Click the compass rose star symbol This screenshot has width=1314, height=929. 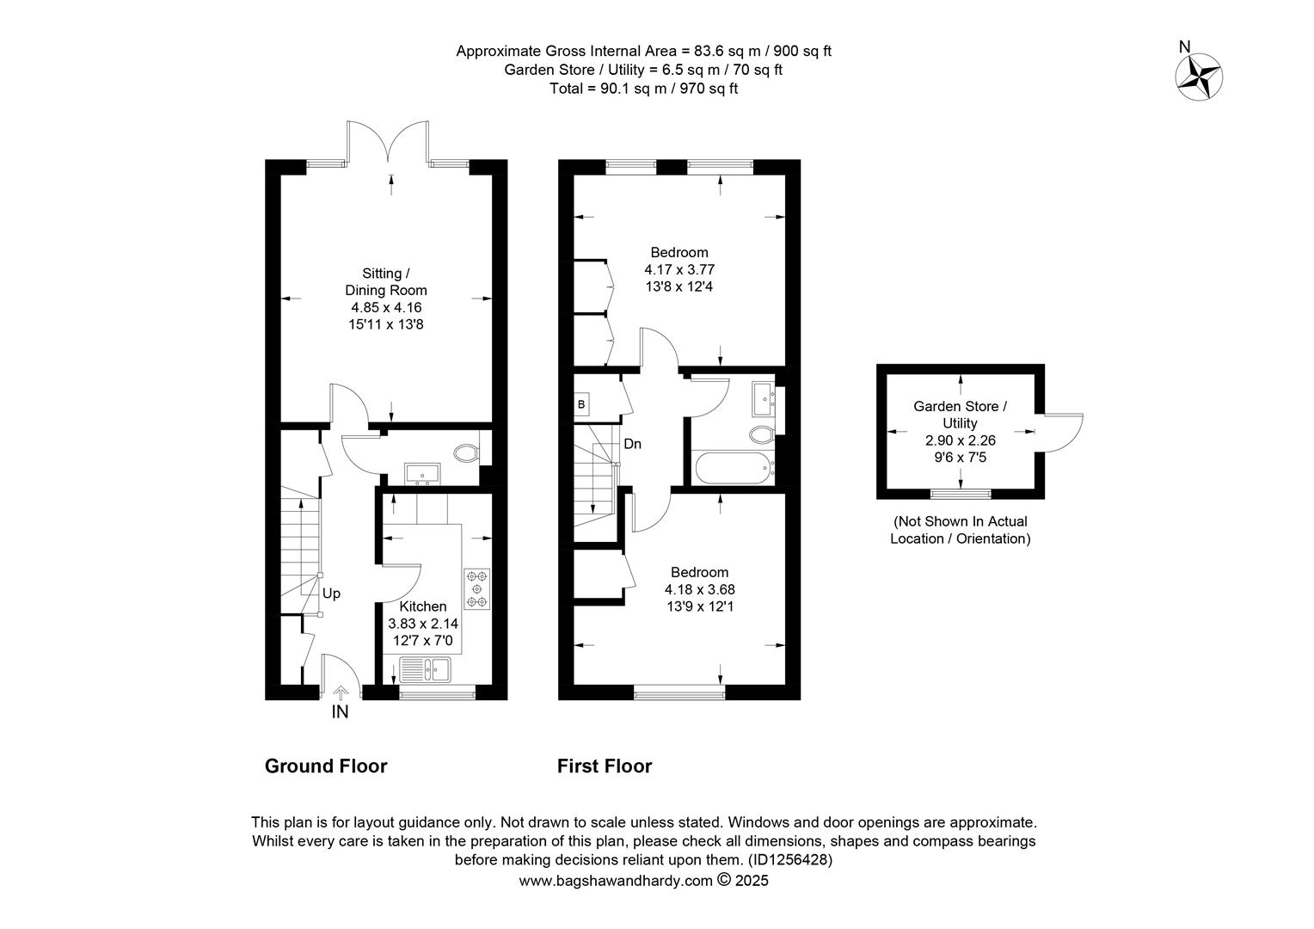pos(1199,77)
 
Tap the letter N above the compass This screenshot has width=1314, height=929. pos(1184,47)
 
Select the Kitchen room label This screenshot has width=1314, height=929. pos(423,606)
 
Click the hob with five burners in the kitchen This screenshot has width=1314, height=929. pos(477,588)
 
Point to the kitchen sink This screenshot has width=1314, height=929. pos(426,669)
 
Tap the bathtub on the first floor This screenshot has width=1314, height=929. pos(733,468)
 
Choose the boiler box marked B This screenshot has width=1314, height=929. pos(581,404)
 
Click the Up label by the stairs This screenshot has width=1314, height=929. pos(331,594)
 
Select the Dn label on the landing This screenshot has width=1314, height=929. pos(632,444)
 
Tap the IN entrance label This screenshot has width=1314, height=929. pos(341,712)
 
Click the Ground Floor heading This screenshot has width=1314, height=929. pos(326,766)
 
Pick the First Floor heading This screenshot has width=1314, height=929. pos(605,766)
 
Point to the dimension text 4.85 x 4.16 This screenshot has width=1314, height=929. pos(387,307)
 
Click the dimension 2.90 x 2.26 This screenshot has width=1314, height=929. pos(961,440)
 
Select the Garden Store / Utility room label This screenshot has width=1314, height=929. pos(961,415)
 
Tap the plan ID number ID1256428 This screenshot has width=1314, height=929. pos(789,859)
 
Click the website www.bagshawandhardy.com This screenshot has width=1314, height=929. pos(616,880)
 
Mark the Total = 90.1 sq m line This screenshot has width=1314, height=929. pos(643,89)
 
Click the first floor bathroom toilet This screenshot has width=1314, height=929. pos(762,435)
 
